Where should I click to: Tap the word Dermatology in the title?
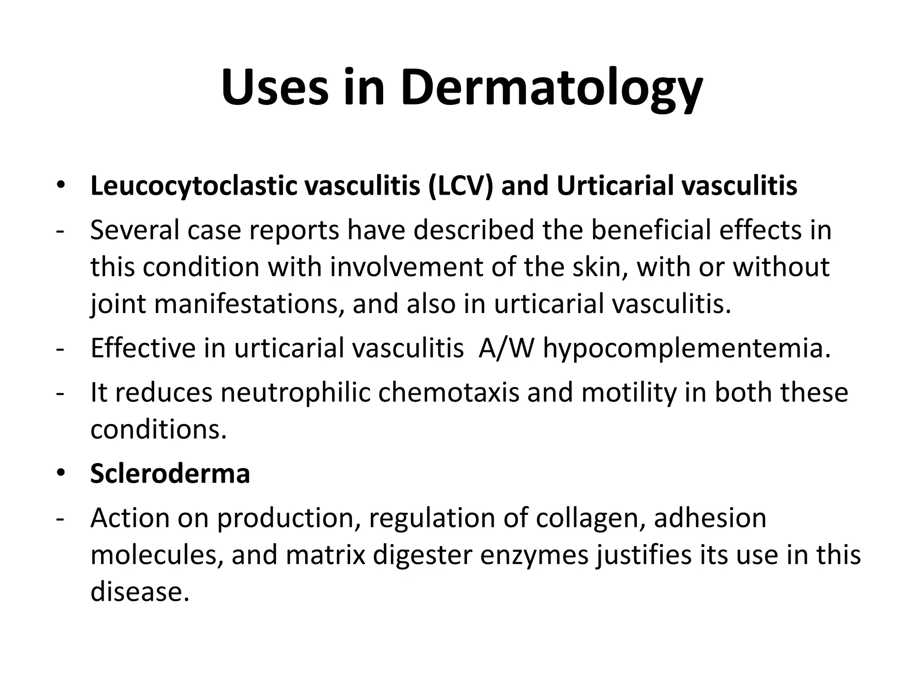point(551,88)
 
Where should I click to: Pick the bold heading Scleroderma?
point(170,473)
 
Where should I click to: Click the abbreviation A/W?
point(507,348)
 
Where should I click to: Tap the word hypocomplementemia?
point(686,349)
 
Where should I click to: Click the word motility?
point(629,392)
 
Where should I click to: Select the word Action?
point(129,518)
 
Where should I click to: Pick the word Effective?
point(143,348)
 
